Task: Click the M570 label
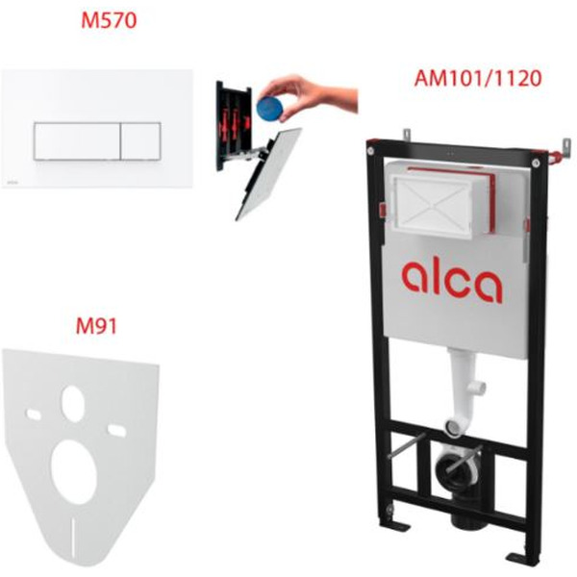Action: (x=109, y=20)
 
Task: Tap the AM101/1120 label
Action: (x=478, y=79)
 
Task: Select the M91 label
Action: (x=96, y=326)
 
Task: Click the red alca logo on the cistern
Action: (x=452, y=281)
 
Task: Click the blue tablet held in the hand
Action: (x=270, y=107)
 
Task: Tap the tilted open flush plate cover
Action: (x=268, y=173)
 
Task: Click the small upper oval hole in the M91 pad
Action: (x=73, y=404)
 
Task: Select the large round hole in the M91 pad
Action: (x=74, y=467)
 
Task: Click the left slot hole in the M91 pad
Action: (x=33, y=414)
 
